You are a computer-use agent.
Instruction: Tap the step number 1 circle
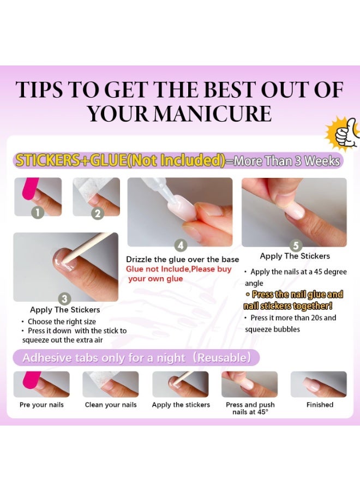[38, 213]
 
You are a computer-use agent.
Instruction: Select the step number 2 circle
[97, 213]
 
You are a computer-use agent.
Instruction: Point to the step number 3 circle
[64, 299]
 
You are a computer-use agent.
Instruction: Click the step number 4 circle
[181, 245]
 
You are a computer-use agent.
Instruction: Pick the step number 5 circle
[296, 245]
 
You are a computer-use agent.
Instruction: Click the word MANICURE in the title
[213, 113]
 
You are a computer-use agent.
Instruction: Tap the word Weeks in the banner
[322, 161]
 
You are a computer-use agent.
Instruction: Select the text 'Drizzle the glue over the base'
[182, 259]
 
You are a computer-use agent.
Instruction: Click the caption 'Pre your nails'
[41, 405]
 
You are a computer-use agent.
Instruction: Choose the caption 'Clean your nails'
[111, 405]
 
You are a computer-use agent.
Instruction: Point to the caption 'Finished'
[320, 405]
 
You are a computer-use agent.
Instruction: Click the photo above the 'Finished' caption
[319, 384]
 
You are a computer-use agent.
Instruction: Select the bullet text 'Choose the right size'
[62, 321]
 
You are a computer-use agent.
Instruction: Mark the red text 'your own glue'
[155, 279]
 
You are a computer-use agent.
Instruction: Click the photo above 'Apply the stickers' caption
[181, 384]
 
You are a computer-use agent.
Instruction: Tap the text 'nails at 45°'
[250, 412]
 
